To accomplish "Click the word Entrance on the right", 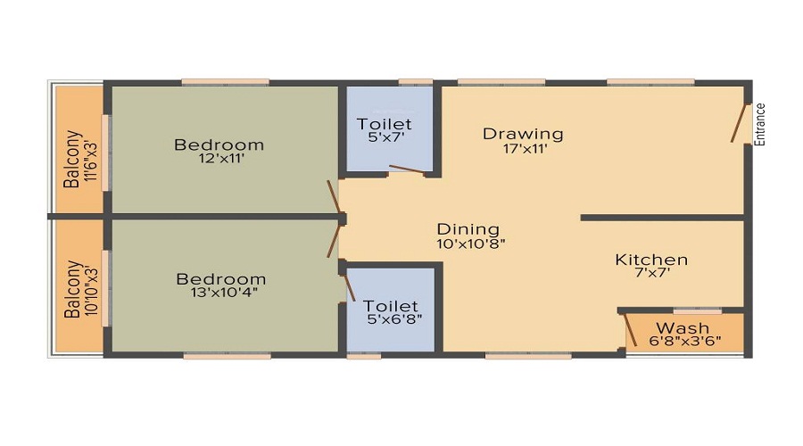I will [x=761, y=125].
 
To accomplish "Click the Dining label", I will [x=468, y=229].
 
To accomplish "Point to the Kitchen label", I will [x=651, y=260].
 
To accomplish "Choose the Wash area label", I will [x=683, y=328].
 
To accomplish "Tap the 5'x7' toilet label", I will [x=385, y=138].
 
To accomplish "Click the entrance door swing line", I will [x=739, y=124].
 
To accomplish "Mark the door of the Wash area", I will [x=629, y=331].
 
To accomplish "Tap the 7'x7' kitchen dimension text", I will [x=651, y=275].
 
